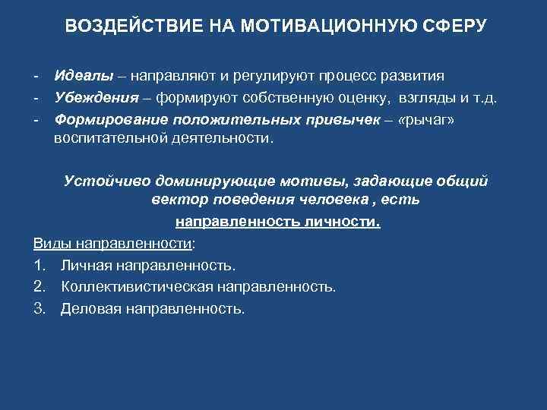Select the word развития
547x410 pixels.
point(411,77)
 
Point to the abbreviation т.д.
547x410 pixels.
point(483,98)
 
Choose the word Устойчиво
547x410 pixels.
point(108,182)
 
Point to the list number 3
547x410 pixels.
point(39,309)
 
